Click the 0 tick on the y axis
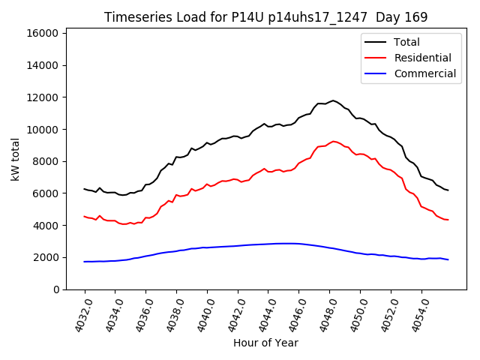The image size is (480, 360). point(56,289)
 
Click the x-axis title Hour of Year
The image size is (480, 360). point(265,343)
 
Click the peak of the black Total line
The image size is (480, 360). point(333,100)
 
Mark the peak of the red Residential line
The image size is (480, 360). point(334,141)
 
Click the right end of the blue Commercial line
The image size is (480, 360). point(448,259)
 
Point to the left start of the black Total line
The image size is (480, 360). point(85,189)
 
